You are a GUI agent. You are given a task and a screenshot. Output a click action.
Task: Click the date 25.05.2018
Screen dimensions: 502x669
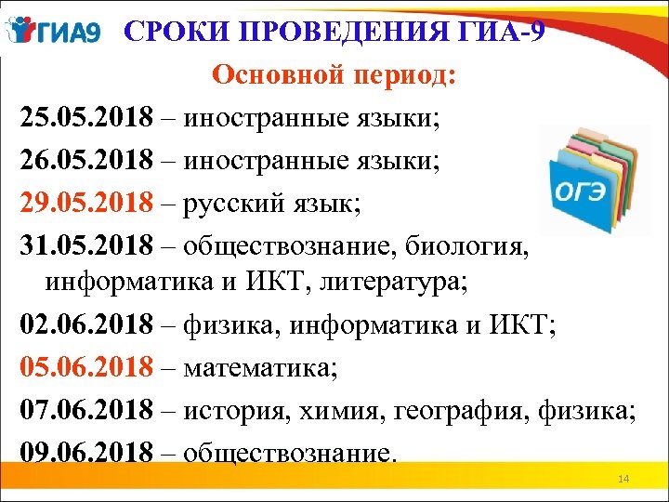click(x=86, y=119)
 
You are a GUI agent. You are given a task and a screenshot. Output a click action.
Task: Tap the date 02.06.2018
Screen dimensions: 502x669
click(x=86, y=324)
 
